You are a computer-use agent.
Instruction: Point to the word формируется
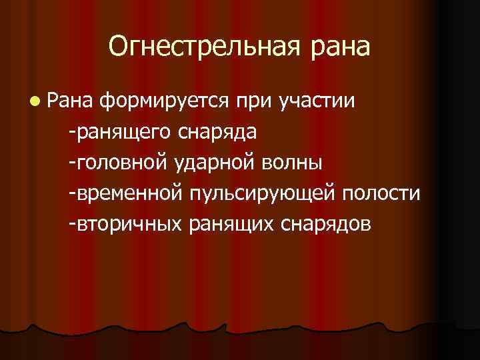[164, 103]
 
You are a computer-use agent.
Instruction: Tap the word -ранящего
[119, 133]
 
